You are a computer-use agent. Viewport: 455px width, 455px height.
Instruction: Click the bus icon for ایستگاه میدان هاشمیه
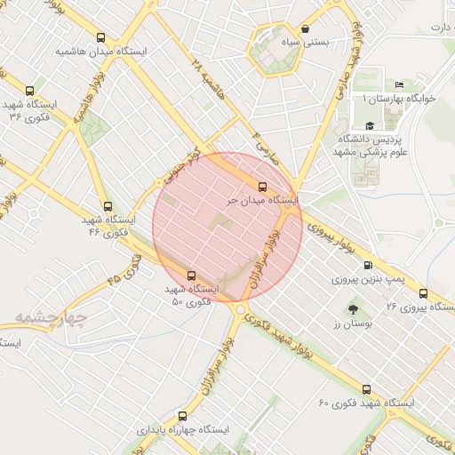(100, 39)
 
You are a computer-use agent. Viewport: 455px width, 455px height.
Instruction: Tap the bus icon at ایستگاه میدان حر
(261, 187)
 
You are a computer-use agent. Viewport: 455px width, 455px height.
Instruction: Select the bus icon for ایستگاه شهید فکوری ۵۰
(191, 275)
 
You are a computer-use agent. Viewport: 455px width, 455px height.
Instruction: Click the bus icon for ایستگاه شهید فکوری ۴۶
(108, 205)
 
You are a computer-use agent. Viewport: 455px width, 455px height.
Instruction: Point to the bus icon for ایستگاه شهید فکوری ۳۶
(30, 91)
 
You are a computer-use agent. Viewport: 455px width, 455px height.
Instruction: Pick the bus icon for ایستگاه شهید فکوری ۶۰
(366, 389)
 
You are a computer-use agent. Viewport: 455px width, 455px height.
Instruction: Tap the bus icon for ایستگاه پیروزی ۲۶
(422, 293)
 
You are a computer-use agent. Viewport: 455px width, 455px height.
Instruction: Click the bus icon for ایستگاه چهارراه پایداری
(183, 416)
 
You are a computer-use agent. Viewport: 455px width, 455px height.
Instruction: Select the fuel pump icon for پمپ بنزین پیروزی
(368, 265)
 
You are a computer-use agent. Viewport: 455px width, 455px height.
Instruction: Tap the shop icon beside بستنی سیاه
(307, 28)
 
